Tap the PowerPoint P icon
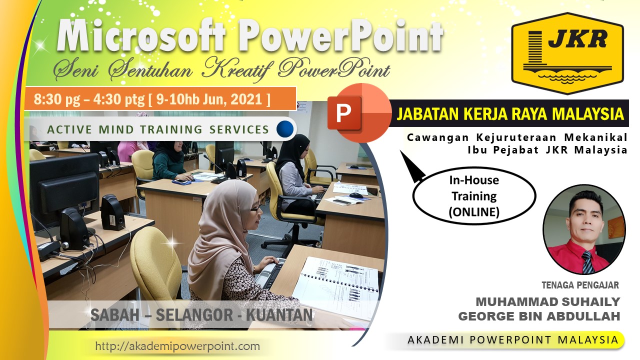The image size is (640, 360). [x=359, y=113]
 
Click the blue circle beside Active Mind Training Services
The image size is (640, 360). [x=285, y=129]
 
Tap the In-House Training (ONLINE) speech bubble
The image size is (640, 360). [x=473, y=196]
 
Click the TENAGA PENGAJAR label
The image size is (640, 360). [x=580, y=285]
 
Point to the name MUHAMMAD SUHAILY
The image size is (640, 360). [x=547, y=301]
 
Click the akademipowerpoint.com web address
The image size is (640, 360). [x=177, y=346]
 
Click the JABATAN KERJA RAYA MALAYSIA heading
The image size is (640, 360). [x=510, y=114]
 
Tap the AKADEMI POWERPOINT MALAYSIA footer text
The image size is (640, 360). [x=513, y=340]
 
